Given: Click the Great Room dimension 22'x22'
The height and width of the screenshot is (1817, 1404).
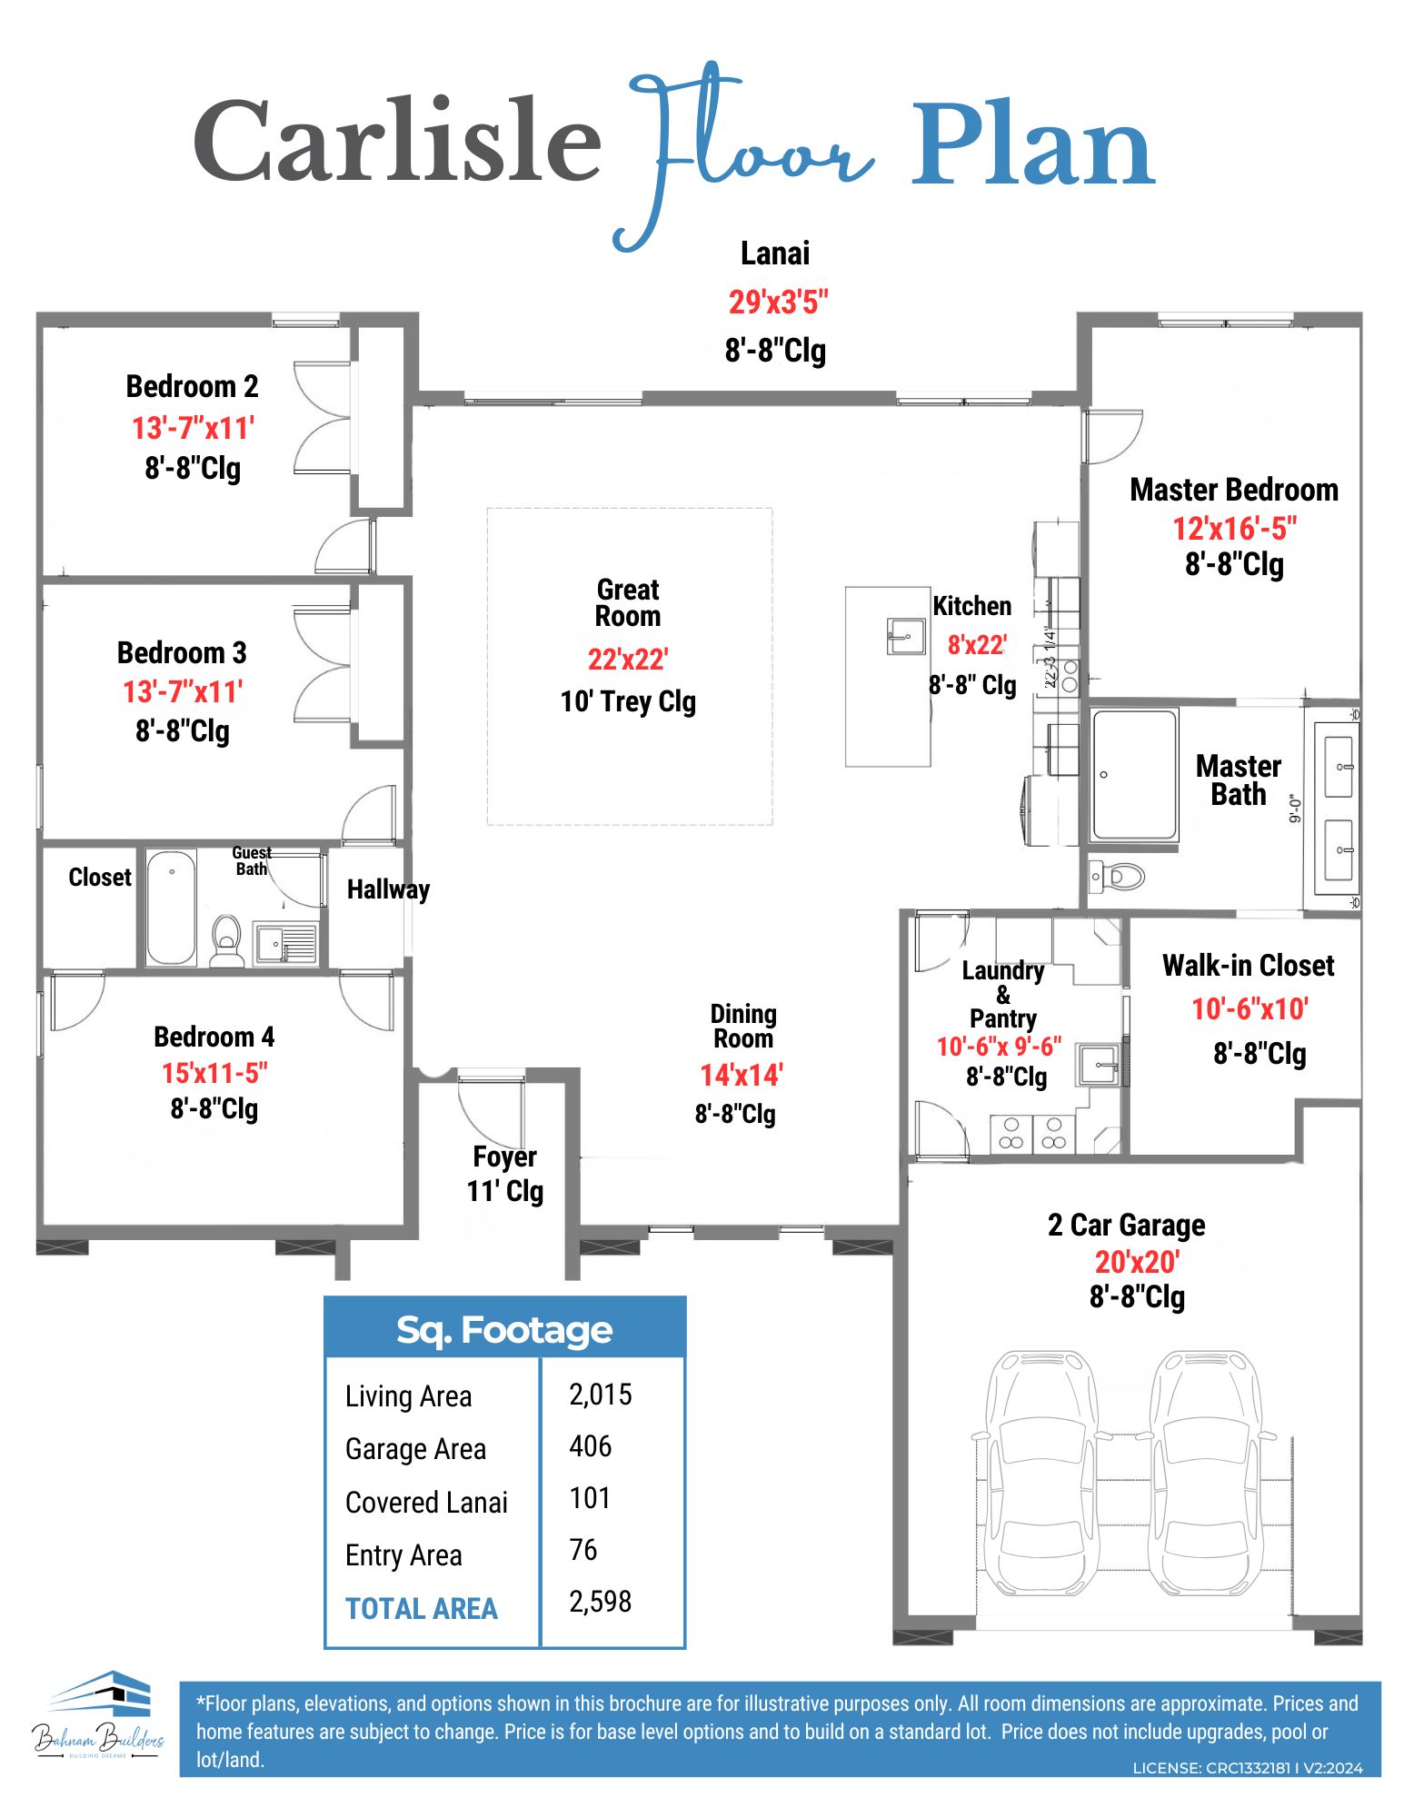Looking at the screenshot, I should pos(628,659).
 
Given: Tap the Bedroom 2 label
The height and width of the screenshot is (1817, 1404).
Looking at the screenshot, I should pos(192,386).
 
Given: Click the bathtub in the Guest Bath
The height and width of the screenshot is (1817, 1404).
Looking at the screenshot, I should pos(171,907).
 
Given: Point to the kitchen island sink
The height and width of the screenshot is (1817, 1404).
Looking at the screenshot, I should pos(905,636).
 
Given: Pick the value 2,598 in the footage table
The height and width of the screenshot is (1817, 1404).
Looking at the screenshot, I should pos(600,1602).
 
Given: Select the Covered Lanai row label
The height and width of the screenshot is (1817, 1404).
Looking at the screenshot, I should pos(426,1503).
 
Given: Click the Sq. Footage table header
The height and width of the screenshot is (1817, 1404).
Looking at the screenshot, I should pos(504,1329).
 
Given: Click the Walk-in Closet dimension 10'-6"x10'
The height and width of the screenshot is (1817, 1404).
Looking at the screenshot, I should pos(1250,1008).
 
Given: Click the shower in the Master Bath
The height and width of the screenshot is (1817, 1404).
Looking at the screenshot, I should pos(1135,775).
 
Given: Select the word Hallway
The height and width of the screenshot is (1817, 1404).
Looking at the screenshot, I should pos(388,889).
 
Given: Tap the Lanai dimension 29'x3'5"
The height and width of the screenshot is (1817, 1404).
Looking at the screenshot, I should pos(778,302).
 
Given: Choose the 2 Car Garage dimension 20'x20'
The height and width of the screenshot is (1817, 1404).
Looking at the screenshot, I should pos(1136,1262).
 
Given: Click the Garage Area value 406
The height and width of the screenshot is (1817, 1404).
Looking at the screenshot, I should pos(590,1446).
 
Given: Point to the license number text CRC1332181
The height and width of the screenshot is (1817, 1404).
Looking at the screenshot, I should pos(1247,1768).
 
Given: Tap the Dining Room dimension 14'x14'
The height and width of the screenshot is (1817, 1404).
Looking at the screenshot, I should pos(741,1075).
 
